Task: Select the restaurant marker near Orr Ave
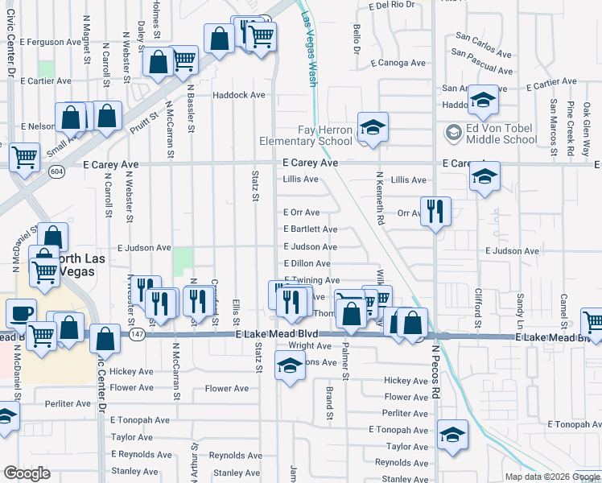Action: pos(435,211)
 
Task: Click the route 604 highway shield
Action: pos(55,171)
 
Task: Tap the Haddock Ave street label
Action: pos(239,95)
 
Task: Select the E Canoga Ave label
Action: pos(398,63)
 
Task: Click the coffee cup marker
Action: pos(20,314)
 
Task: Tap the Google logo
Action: pos(27,473)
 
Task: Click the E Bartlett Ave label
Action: pos(310,229)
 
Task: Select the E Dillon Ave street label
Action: pos(307,263)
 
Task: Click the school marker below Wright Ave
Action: pos(290,366)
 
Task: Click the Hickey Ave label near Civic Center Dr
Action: pos(132,372)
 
